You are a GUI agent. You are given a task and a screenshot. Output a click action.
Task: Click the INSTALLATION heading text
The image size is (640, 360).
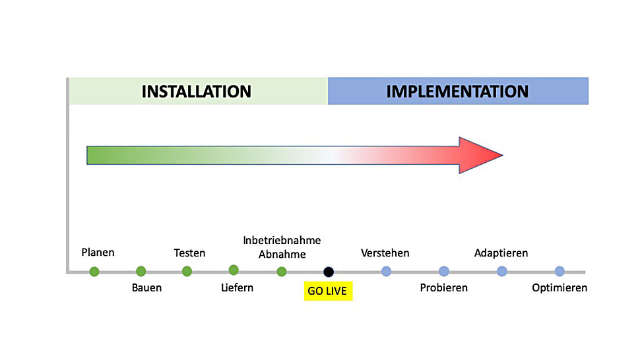pyautogui.click(x=197, y=92)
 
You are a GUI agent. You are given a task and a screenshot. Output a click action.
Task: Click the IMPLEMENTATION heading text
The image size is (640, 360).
pyautogui.click(x=457, y=92)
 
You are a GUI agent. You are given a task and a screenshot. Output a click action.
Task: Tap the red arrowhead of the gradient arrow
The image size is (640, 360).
pyautogui.click(x=480, y=156)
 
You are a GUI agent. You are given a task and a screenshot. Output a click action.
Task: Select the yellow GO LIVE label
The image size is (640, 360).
pyautogui.click(x=328, y=291)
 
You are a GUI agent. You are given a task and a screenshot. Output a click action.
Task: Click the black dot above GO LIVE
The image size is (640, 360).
pyautogui.click(x=329, y=272)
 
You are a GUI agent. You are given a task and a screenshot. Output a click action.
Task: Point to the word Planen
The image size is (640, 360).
pyautogui.click(x=98, y=253)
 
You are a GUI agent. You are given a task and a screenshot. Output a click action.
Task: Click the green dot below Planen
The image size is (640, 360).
pyautogui.click(x=94, y=272)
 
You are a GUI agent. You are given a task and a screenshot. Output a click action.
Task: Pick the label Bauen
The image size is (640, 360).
pyautogui.click(x=146, y=288)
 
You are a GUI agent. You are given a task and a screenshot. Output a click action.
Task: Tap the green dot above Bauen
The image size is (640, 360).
pyautogui.click(x=141, y=271)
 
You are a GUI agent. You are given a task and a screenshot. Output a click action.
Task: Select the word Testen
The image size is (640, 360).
pyautogui.click(x=189, y=253)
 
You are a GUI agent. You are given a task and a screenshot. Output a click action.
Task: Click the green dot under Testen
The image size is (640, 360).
pyautogui.click(x=187, y=271)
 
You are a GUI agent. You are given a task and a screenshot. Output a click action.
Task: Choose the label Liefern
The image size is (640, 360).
pyautogui.click(x=237, y=288)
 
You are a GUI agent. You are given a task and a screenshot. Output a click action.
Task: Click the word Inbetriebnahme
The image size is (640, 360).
pyautogui.click(x=282, y=240)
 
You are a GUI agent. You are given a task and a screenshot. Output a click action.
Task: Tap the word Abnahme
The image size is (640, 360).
pyautogui.click(x=282, y=255)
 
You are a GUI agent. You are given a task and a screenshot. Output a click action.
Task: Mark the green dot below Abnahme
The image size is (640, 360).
pyautogui.click(x=282, y=272)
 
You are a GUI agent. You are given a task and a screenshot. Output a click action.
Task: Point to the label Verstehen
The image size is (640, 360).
pyautogui.click(x=385, y=253)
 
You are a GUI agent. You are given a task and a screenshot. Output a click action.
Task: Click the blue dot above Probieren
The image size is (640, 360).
pyautogui.click(x=444, y=271)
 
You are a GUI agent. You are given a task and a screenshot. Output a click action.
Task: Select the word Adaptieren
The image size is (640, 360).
pyautogui.click(x=501, y=253)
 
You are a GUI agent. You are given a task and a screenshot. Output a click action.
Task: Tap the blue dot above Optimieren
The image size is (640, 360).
pyautogui.click(x=560, y=271)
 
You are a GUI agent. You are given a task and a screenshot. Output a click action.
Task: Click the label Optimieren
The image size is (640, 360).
pyautogui.click(x=560, y=288)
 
